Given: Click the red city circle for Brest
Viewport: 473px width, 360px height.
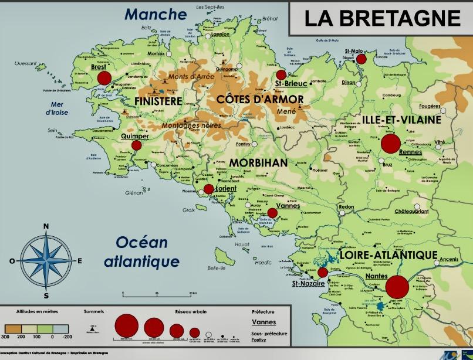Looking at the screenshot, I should pyautogui.click(x=104, y=78).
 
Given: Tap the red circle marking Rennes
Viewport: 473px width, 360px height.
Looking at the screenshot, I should pyautogui.click(x=390, y=144).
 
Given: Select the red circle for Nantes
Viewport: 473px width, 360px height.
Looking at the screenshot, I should pyautogui.click(x=397, y=287).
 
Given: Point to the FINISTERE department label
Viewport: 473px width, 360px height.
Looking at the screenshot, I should pyautogui.click(x=158, y=101).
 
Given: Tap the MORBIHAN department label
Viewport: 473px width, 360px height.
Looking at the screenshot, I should pyautogui.click(x=258, y=162).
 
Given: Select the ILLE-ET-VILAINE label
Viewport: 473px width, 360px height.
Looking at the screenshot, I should pyautogui.click(x=401, y=120).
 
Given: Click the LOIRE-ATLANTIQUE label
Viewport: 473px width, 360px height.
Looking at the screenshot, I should pyautogui.click(x=388, y=255).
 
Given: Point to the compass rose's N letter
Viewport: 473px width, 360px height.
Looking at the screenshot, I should pyautogui.click(x=46, y=226).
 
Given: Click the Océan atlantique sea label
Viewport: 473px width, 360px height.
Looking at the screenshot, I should pyautogui.click(x=141, y=251).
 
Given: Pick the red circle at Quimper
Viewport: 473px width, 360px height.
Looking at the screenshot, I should pyautogui.click(x=137, y=145).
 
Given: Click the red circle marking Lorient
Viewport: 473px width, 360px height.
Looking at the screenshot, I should pyautogui.click(x=209, y=189).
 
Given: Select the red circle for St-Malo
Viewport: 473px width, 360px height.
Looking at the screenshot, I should pyautogui.click(x=361, y=59).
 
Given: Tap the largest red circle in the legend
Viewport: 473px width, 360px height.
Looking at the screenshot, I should pyautogui.click(x=126, y=325).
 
